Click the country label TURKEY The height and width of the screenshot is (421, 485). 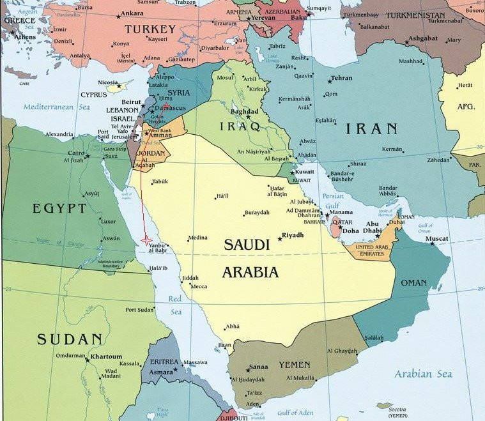pos(150,29)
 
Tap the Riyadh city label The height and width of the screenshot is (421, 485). pos(293,235)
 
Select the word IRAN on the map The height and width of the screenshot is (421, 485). pos(371,128)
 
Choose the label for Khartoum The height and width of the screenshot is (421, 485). pos(105,356)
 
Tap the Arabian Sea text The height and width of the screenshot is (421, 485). pos(423,374)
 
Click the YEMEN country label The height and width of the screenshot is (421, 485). pos(295,365)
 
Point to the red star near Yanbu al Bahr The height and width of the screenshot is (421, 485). pos(146,239)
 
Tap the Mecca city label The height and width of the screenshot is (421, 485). pos(199,286)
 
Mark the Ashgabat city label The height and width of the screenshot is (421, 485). pos(423,38)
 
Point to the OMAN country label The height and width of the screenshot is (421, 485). pos(413,282)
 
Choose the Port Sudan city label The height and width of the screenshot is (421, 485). pos(139,310)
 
